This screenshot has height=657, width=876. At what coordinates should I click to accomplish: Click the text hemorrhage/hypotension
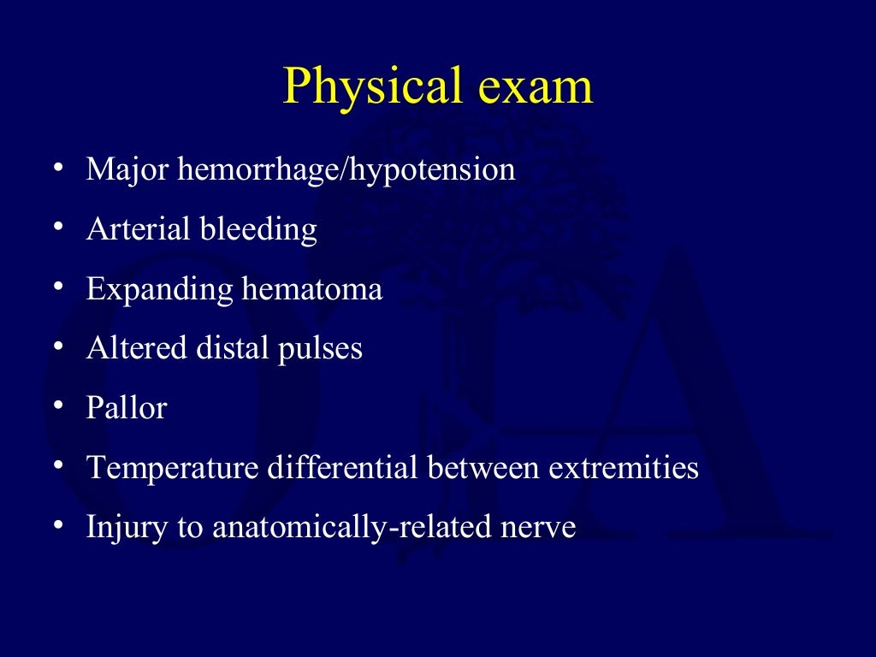(346, 170)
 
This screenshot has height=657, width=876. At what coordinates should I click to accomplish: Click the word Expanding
(159, 289)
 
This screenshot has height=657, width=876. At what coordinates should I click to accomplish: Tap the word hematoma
(311, 289)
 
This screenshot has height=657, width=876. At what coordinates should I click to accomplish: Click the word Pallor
(126, 408)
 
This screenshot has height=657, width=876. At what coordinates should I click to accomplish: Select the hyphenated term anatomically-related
(351, 528)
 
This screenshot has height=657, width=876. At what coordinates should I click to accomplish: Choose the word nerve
(537, 528)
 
